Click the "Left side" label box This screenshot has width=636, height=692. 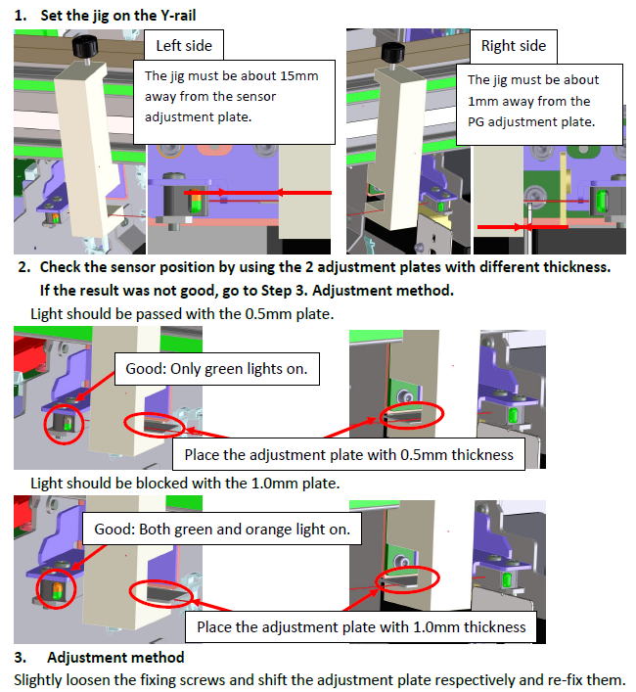coord(183,45)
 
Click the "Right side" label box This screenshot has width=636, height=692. coord(513,46)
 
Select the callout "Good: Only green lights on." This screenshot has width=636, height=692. coord(216,369)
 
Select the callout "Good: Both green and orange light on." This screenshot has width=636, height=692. coord(222,529)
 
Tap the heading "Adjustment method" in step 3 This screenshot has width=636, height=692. coord(115,657)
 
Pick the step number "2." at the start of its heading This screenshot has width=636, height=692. coord(24,267)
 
